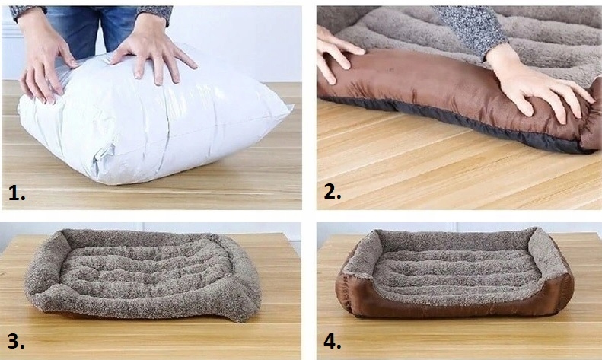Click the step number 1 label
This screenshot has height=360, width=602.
(17, 193)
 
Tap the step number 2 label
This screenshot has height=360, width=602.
(332, 192)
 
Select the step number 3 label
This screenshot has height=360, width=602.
(16, 341)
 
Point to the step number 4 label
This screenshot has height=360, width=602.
(332, 341)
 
